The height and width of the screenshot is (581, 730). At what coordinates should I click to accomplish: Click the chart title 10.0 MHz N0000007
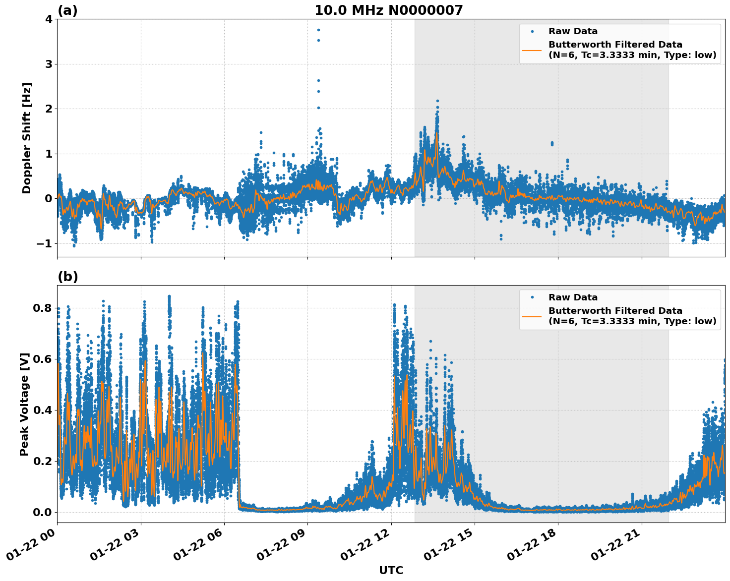(388, 10)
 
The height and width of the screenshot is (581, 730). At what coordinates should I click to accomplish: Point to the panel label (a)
(67, 10)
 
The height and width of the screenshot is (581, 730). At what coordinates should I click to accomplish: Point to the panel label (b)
(68, 277)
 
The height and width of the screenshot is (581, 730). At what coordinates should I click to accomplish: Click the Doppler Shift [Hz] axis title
(27, 138)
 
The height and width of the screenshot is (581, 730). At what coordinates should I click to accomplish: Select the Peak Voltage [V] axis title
(24, 404)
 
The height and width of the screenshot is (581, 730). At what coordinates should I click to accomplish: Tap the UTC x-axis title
(391, 571)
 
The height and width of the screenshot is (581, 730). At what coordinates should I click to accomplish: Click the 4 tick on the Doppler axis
(49, 19)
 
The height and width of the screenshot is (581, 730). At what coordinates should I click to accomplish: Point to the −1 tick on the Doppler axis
(44, 244)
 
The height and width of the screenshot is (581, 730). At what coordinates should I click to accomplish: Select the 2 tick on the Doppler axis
(49, 109)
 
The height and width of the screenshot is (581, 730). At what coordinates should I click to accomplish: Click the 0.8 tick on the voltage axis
(43, 308)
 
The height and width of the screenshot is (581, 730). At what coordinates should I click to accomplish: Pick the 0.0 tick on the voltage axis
(43, 512)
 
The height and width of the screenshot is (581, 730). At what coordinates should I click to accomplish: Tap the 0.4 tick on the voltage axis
(43, 410)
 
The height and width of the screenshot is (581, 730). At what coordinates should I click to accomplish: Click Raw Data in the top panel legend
(573, 32)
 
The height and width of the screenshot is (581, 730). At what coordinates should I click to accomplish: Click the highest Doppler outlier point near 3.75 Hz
(318, 30)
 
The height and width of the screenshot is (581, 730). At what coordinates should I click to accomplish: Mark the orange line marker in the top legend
(532, 50)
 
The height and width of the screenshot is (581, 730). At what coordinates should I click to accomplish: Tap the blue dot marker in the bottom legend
(532, 297)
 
